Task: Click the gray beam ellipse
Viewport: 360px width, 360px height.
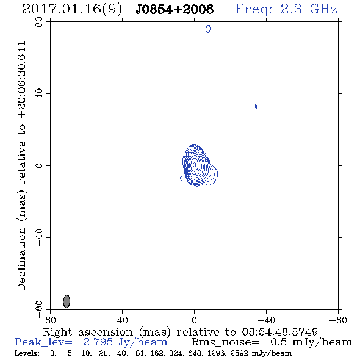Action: [x=67, y=301]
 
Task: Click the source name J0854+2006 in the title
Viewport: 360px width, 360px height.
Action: [x=175, y=9]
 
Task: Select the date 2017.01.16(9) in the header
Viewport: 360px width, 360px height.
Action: [x=72, y=10]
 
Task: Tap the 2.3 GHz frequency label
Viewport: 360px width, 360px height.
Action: [x=309, y=9]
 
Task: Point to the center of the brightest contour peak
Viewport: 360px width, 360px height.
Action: [x=195, y=165]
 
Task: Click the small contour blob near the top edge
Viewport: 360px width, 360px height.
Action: [x=208, y=29]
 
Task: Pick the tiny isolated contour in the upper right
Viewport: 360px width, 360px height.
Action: [x=256, y=106]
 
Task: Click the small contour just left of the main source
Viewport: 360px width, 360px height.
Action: [x=181, y=178]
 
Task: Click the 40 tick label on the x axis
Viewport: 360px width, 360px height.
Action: [x=122, y=320]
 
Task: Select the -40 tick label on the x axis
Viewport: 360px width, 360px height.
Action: [x=266, y=320]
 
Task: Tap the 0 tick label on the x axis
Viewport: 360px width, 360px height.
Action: [x=194, y=320]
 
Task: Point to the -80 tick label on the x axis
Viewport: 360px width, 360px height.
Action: [x=338, y=320]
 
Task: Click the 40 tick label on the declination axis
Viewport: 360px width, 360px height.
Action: [x=39, y=93]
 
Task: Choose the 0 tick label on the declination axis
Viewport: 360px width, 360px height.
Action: [x=39, y=165]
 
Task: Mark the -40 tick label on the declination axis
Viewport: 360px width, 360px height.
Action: [x=39, y=237]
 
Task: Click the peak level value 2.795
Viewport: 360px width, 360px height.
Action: [x=98, y=342]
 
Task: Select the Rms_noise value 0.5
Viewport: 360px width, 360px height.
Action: [x=278, y=342]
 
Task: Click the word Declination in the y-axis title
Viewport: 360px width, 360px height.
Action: [x=21, y=259]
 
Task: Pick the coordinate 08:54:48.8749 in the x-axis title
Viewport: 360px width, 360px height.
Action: [x=279, y=332]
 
